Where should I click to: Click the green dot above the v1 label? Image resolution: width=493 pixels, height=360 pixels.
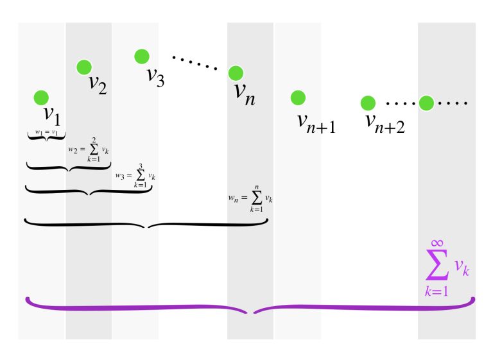coord(41,98)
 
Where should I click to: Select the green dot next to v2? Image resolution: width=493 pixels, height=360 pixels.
coord(83,67)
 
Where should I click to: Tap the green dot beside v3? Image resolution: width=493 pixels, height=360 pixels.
coord(142,57)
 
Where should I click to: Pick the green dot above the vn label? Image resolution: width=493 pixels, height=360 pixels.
coord(236,73)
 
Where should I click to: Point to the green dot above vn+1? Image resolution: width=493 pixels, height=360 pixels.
coord(297,98)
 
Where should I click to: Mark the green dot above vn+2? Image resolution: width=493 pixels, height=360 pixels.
coord(367,103)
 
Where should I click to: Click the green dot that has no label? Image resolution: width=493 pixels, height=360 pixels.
coord(426,103)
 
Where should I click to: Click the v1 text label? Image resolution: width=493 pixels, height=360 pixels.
coord(51,116)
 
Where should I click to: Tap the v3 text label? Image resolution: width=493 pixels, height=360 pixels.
coord(155,75)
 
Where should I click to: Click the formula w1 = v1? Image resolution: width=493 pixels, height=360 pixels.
coord(47,133)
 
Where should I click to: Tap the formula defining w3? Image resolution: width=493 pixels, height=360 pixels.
coord(136,175)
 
